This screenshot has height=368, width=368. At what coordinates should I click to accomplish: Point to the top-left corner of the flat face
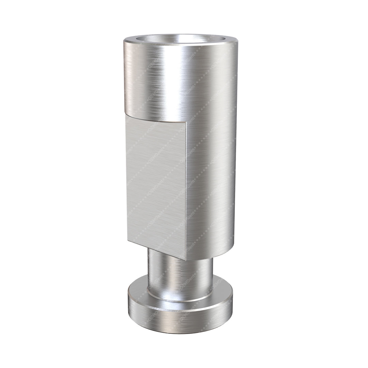[126, 114]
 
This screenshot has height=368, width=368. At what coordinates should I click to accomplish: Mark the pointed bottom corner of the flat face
[186, 260]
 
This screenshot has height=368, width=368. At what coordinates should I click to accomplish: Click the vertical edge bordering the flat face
[186, 191]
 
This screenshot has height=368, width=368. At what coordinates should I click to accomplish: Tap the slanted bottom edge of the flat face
[157, 249]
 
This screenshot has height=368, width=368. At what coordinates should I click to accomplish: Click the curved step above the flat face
[155, 118]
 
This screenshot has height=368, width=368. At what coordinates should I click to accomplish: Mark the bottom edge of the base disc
[181, 332]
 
